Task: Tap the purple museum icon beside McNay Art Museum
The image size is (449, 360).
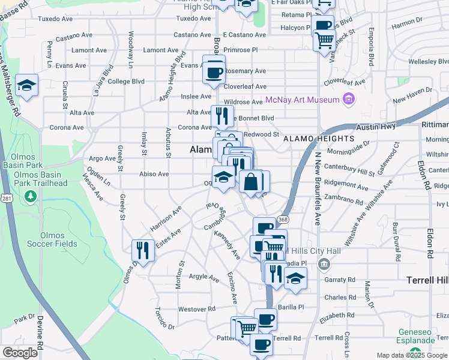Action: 348,99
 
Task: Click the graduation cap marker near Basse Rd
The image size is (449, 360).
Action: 26,86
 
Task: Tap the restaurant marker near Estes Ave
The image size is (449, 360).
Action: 143,249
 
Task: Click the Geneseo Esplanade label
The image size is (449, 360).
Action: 418,336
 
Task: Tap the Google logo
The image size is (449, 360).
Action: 20,353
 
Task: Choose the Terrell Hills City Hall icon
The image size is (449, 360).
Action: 324,263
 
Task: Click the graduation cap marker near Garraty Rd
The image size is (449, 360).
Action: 295,278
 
